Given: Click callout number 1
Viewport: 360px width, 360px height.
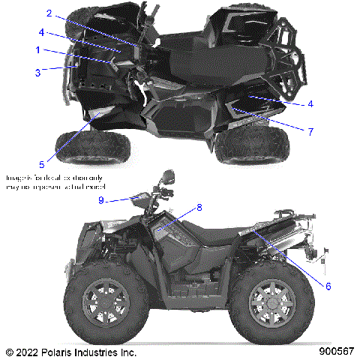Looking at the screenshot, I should click(37, 49).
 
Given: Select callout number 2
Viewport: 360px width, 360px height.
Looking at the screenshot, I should click(49, 13).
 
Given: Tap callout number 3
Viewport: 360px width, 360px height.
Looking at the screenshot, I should click(37, 72).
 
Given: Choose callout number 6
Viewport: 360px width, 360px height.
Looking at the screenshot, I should click(328, 286).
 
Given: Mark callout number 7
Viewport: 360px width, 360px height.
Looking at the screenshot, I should click(310, 130).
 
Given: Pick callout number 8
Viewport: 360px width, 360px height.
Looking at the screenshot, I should click(199, 206).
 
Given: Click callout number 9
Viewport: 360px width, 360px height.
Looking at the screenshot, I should click(121, 199).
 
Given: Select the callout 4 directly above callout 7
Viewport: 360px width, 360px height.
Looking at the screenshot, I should click(310, 103).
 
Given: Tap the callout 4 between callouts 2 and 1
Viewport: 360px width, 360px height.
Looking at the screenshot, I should click(42, 32).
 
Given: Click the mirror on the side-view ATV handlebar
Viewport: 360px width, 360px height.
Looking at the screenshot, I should click(166, 177).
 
